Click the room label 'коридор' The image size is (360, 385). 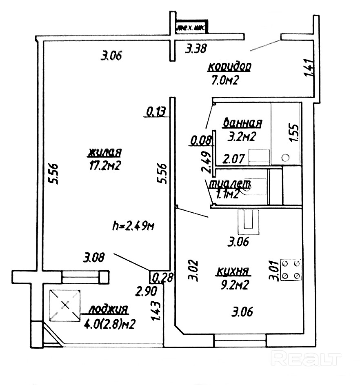(229, 66)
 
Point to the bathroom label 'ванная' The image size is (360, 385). (242, 123)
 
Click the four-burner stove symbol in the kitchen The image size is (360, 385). (291, 270)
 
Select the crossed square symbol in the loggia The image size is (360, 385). (64, 305)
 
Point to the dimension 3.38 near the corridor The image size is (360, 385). (196, 49)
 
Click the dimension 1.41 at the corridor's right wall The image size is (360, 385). (309, 68)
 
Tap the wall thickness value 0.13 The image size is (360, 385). (157, 111)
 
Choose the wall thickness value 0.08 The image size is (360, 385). (201, 141)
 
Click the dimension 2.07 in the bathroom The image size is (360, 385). (233, 158)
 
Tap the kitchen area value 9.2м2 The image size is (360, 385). (234, 285)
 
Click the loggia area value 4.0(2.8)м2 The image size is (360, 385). (109, 325)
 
